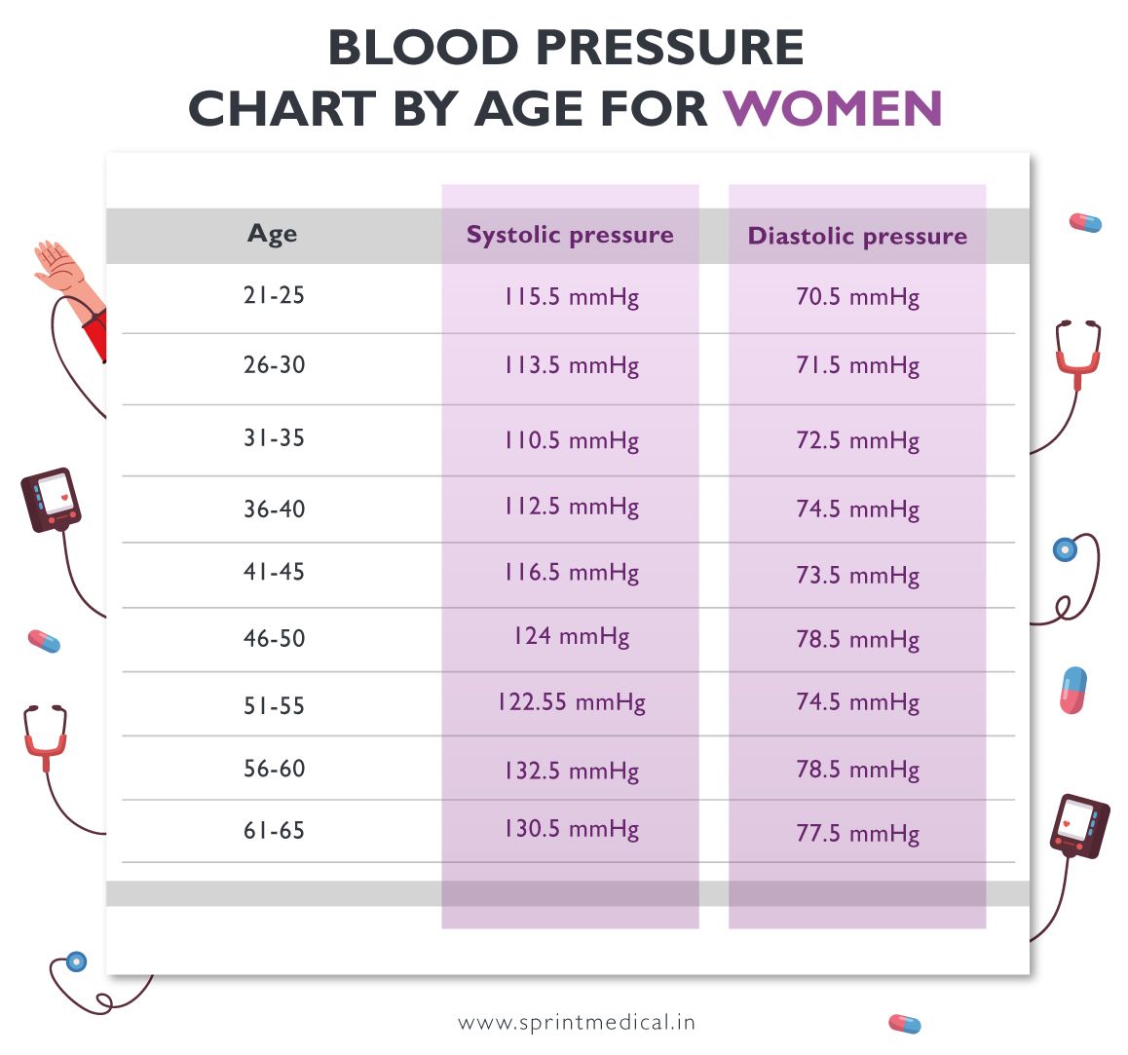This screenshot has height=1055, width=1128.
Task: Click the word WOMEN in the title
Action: point(833,108)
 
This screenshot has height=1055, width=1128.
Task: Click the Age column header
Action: point(273,234)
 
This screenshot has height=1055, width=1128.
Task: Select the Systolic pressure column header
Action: point(570,235)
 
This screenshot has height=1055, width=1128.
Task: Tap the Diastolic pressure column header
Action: point(857,236)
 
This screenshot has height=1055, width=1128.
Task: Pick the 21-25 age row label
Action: point(274,295)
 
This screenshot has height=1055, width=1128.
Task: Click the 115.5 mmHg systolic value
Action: point(571,297)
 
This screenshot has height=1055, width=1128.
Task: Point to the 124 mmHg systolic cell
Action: point(571,637)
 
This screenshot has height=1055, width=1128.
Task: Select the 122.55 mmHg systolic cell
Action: point(571,702)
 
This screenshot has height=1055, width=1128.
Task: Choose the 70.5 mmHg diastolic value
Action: point(857,297)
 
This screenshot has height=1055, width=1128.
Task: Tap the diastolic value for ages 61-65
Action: point(857,834)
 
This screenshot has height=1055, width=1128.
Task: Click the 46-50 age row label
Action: point(274,639)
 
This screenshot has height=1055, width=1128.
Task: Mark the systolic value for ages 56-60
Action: point(571,771)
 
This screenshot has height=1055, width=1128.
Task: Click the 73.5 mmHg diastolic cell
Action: point(857,575)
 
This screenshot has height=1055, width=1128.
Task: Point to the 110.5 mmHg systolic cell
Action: point(571,440)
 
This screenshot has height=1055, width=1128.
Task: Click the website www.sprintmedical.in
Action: point(577,1023)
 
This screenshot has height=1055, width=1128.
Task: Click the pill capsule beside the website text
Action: point(904,1024)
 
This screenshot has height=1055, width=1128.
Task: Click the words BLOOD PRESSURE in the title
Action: point(565,48)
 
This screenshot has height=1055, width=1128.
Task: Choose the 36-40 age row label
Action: point(274,509)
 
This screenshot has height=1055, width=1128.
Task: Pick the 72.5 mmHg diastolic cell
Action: point(857,440)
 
